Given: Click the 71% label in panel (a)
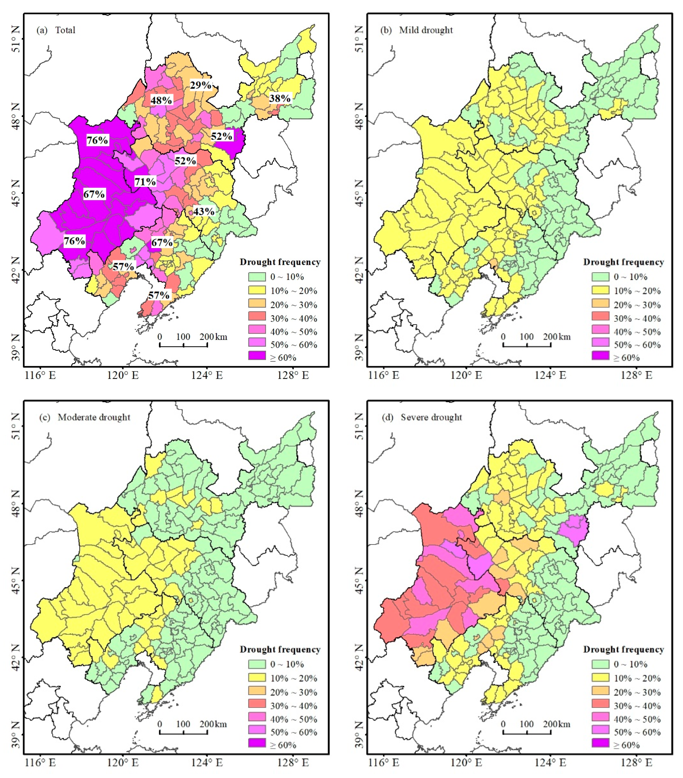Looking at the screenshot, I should [x=145, y=182].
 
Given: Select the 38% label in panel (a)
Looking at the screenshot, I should [x=280, y=99].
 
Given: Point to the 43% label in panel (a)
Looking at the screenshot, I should [x=203, y=211].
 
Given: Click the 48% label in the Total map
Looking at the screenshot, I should [x=161, y=100].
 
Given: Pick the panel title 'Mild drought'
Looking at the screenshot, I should [x=425, y=30].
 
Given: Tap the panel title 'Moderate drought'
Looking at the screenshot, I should [x=94, y=417].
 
